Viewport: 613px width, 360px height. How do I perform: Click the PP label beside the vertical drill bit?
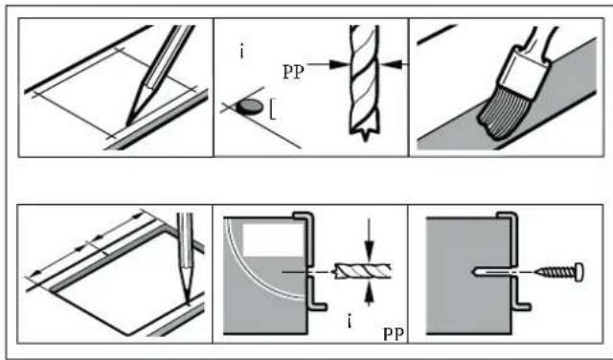[293, 73]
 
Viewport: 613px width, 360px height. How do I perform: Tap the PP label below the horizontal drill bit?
[394, 334]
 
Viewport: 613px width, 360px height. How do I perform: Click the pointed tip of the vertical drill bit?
[366, 138]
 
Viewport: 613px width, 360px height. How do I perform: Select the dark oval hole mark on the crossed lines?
[249, 106]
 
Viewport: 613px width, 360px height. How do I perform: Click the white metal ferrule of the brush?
[525, 74]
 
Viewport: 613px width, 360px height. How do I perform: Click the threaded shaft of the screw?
[556, 272]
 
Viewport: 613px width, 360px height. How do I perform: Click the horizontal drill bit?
[362, 271]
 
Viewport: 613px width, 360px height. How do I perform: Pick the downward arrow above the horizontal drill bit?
[369, 239]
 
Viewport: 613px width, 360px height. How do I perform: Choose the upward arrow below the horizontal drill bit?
[369, 294]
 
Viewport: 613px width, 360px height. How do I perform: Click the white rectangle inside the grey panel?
[272, 240]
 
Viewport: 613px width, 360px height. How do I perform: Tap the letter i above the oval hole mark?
[242, 53]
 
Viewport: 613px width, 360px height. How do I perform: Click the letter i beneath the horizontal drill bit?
[349, 322]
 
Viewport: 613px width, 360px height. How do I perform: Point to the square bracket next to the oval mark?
[272, 110]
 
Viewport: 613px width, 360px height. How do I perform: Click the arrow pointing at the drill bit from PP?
[327, 64]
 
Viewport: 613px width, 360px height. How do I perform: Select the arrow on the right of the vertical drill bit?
[395, 64]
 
